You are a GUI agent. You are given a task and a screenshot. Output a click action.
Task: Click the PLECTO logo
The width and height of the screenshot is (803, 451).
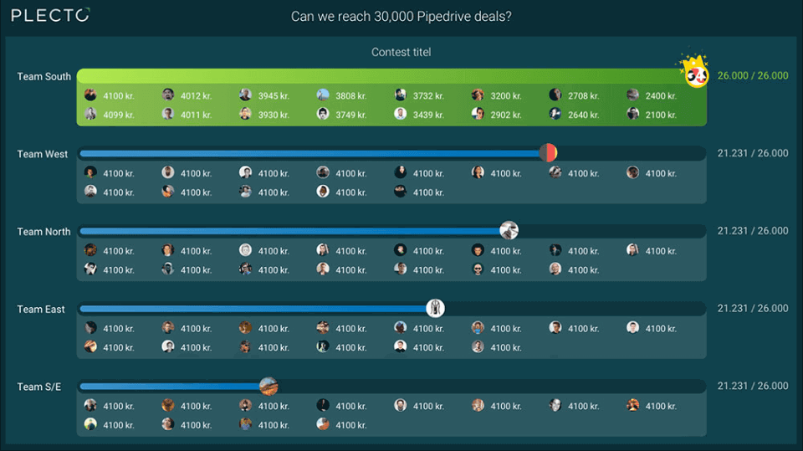tap(50, 15)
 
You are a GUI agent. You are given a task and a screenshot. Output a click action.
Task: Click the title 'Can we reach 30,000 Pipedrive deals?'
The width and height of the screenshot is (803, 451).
tap(401, 16)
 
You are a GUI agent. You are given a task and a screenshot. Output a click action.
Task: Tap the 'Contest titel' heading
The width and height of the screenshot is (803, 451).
tap(401, 52)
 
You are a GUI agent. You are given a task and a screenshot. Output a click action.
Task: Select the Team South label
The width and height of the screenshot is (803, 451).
tap(44, 76)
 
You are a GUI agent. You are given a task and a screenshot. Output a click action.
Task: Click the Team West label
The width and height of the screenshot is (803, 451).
tap(43, 154)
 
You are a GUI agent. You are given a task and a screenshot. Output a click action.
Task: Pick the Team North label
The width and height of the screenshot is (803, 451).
tap(44, 232)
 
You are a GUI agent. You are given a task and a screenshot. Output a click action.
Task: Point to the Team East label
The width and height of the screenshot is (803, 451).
tap(41, 310)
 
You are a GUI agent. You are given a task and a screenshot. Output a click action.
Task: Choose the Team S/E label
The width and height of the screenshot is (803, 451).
tap(39, 387)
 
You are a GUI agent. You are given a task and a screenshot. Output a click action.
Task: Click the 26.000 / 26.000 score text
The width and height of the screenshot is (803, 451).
tap(753, 75)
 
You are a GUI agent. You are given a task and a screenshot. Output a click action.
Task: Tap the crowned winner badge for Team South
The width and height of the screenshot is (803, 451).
tap(696, 73)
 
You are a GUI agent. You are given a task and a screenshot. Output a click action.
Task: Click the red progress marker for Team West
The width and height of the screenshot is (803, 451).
tap(548, 153)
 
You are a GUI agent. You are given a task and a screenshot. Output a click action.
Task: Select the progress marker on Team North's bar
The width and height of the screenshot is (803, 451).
tap(509, 230)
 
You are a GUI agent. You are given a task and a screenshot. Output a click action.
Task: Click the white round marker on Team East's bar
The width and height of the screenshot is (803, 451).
tap(435, 308)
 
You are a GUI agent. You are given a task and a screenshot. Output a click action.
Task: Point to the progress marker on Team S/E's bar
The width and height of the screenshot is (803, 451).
tap(268, 386)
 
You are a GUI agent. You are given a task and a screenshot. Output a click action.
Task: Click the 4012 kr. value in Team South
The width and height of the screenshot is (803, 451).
tap(196, 95)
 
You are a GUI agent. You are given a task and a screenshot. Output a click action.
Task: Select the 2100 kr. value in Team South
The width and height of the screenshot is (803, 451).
tap(661, 115)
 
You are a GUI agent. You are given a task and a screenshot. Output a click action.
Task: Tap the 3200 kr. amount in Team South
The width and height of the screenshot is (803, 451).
tap(506, 95)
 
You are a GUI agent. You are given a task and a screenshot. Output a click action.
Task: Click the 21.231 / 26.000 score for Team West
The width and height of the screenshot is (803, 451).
tap(753, 153)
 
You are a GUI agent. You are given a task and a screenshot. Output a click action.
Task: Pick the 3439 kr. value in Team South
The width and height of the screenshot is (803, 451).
tap(428, 115)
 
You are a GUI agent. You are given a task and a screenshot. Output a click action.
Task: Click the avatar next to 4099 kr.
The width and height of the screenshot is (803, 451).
tap(90, 114)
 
